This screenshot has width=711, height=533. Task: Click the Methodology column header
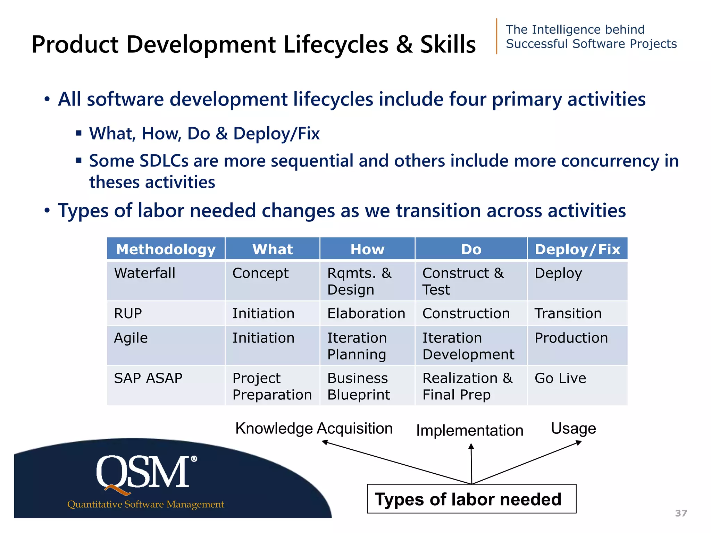click(166, 249)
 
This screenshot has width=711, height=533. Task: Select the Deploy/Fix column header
click(577, 249)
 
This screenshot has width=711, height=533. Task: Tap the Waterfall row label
click(145, 273)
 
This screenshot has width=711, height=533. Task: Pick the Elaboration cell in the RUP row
click(366, 313)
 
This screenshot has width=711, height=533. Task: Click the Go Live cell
click(560, 378)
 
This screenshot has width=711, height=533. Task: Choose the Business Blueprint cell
click(359, 386)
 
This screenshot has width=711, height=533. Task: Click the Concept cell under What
click(260, 273)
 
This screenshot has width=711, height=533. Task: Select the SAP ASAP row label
click(148, 378)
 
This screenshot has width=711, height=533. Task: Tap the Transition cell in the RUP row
click(568, 313)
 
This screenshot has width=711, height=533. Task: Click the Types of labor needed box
click(471, 499)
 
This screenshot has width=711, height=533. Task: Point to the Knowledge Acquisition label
click(314, 429)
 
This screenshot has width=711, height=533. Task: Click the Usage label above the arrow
click(573, 429)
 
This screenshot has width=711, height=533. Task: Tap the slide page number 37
click(681, 513)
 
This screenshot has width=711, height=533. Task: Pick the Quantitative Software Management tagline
click(145, 504)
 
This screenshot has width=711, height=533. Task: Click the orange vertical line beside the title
click(497, 36)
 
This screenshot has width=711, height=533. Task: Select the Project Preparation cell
click(272, 386)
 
